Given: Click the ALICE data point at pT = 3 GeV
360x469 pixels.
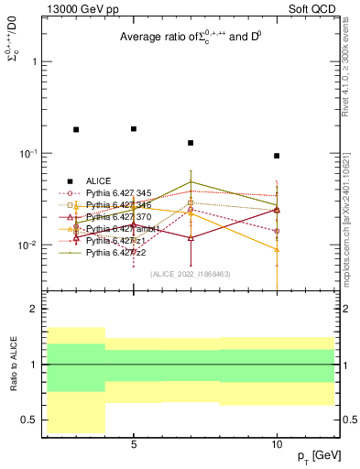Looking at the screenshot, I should (x=76, y=130).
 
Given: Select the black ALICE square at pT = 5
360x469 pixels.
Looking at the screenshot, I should (x=134, y=129).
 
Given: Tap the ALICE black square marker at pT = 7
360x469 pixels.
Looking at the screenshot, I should (x=191, y=143).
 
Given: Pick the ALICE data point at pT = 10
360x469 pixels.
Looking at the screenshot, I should (x=277, y=156).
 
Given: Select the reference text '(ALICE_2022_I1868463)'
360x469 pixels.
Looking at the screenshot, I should (x=188, y=274).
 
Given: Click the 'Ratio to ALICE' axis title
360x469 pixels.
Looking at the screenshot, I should (x=12, y=365).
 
